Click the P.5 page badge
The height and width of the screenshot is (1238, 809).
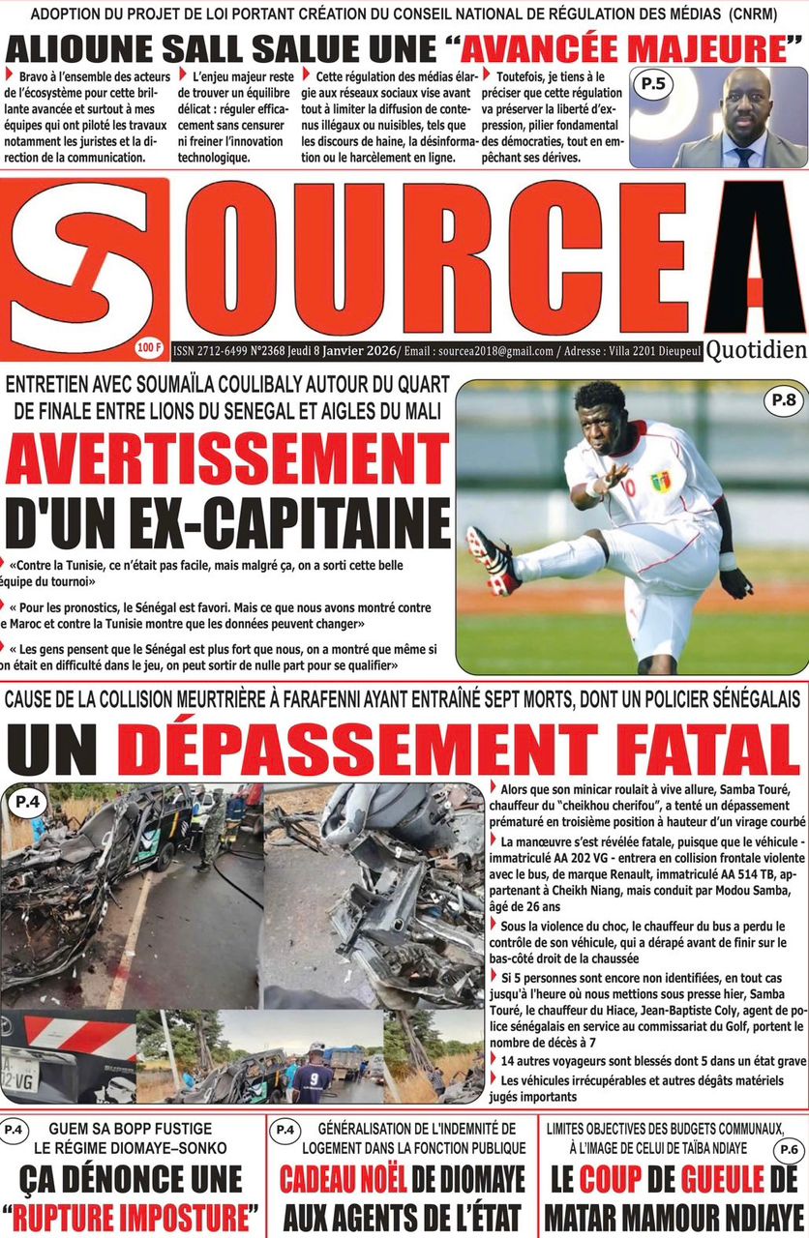click(x=653, y=85)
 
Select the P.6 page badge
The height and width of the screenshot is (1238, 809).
click(x=786, y=1149)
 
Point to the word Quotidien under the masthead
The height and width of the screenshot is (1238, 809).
click(x=756, y=351)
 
